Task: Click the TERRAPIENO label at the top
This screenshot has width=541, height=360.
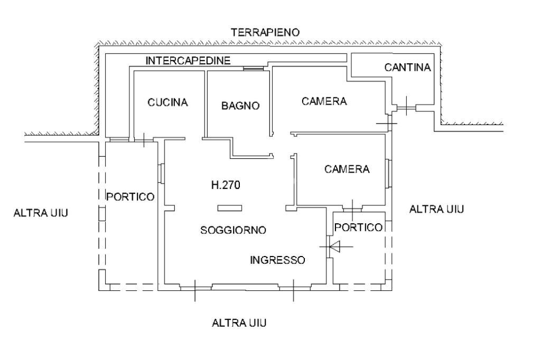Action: pyautogui.click(x=266, y=33)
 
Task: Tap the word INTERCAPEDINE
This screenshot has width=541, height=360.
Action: pyautogui.click(x=188, y=61)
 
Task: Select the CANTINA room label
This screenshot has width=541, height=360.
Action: pyautogui.click(x=408, y=68)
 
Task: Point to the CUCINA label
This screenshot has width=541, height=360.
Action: pyautogui.click(x=167, y=102)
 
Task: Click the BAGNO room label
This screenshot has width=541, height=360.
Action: pyautogui.click(x=240, y=106)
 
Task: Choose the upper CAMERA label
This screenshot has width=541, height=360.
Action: pyautogui.click(x=324, y=101)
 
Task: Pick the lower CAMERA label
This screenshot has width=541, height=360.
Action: pyautogui.click(x=347, y=169)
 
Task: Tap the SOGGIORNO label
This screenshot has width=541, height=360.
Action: pyautogui.click(x=233, y=230)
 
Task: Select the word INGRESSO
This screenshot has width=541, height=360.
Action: pyautogui.click(x=277, y=260)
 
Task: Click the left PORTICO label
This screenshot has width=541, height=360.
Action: pyautogui.click(x=130, y=197)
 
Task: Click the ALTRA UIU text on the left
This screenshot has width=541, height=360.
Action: pyautogui.click(x=41, y=213)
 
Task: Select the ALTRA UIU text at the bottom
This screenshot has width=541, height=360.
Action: pyautogui.click(x=239, y=323)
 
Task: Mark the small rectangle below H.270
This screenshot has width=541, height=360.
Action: pyautogui.click(x=229, y=207)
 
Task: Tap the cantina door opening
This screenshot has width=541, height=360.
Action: pyautogui.click(x=406, y=108)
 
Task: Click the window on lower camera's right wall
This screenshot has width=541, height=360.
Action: pyautogui.click(x=389, y=173)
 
